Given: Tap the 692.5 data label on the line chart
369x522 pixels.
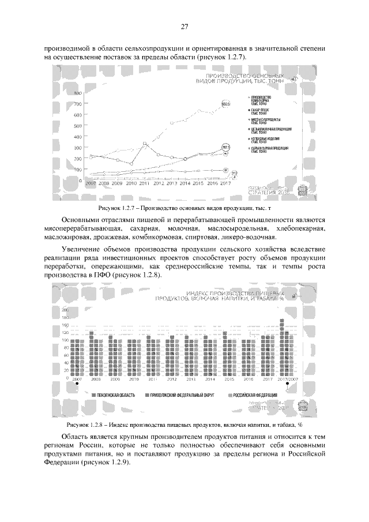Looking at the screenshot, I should click(226, 104).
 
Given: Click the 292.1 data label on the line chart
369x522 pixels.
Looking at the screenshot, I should click(225, 148).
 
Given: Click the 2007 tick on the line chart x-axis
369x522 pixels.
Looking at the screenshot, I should click(90, 184).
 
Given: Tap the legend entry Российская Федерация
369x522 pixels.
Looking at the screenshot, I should click(254, 396).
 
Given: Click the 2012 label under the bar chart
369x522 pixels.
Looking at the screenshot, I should click(171, 380).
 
